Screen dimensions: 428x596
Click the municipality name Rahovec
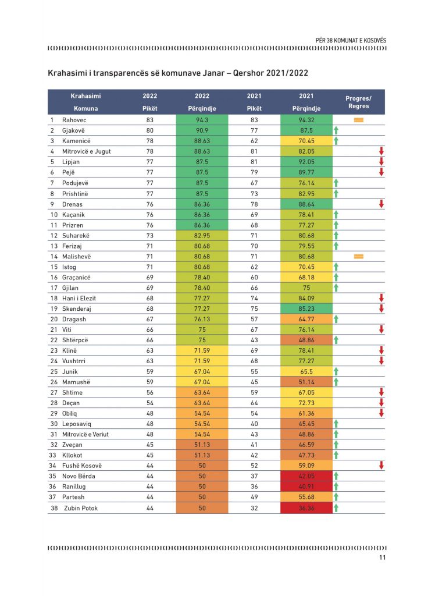click(74, 120)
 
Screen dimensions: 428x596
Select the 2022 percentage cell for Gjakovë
click(202, 130)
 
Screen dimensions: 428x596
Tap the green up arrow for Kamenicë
click(336, 141)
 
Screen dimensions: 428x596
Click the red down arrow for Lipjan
click(381, 162)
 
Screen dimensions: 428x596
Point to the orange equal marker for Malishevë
click(358, 257)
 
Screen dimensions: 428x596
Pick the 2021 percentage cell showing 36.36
click(306, 508)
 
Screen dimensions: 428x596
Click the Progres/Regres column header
click(358, 102)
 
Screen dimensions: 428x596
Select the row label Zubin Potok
click(81, 508)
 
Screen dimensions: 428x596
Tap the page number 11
click(383, 557)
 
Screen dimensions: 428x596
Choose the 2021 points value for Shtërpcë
click(254, 340)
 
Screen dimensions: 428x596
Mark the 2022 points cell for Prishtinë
click(150, 194)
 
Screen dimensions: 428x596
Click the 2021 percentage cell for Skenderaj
click(306, 308)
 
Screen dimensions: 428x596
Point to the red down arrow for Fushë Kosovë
click(381, 465)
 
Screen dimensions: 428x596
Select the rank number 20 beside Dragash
click(54, 320)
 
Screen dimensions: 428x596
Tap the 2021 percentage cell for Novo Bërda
click(306, 476)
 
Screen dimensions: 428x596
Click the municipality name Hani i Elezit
click(79, 299)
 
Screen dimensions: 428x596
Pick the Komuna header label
click(86, 108)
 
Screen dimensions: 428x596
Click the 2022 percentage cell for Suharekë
click(202, 236)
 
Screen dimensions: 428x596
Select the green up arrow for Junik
click(336, 371)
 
